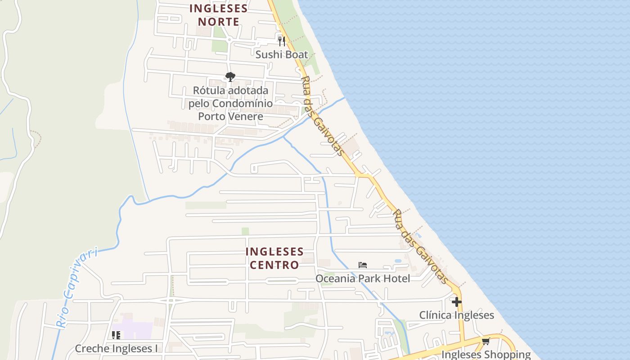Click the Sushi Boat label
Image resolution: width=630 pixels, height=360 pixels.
pos(282,54)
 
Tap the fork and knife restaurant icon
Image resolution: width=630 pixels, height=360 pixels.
pos(282,41)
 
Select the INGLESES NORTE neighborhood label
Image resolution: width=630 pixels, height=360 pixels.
pos(218,15)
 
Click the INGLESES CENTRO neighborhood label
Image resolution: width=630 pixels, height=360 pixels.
pos(274,258)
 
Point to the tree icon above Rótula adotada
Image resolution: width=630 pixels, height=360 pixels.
pos(230,77)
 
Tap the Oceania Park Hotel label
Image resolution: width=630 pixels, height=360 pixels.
pos(363,279)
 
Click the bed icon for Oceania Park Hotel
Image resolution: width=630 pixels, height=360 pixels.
pos(363,265)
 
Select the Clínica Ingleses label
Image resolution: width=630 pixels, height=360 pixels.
pos(456,315)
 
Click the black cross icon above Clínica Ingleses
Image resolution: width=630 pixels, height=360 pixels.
pos(457,301)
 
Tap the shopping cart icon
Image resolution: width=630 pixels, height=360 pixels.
pos(486,342)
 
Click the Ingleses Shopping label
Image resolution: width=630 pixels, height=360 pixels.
pos(486,355)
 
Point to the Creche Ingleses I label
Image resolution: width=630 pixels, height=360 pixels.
pos(116,348)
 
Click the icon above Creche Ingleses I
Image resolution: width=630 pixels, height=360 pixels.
pos(116,335)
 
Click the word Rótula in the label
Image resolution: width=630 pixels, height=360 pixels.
pos(208,90)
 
